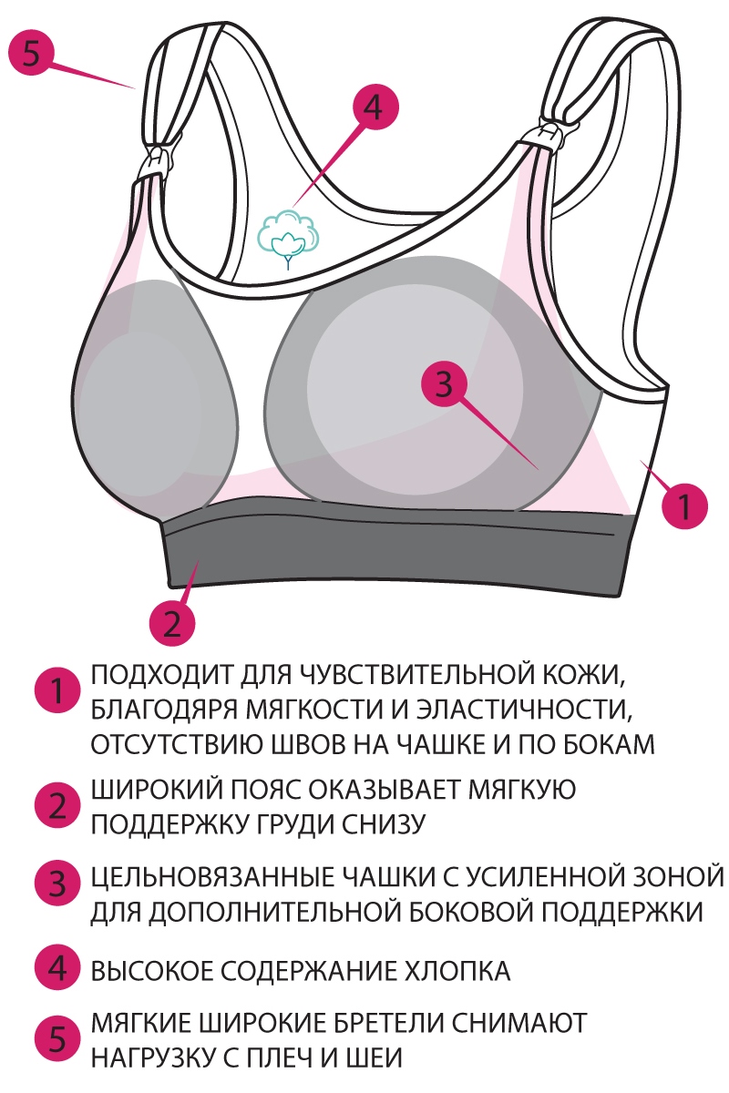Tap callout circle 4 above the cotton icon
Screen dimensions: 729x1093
click(370, 108)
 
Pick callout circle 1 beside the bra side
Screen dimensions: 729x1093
click(683, 503)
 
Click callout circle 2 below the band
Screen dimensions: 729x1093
click(172, 623)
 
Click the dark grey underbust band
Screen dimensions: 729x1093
click(392, 556)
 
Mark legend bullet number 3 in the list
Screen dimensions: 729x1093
click(57, 883)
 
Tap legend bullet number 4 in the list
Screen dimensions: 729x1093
click(57, 969)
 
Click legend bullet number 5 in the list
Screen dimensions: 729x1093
click(57, 1038)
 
